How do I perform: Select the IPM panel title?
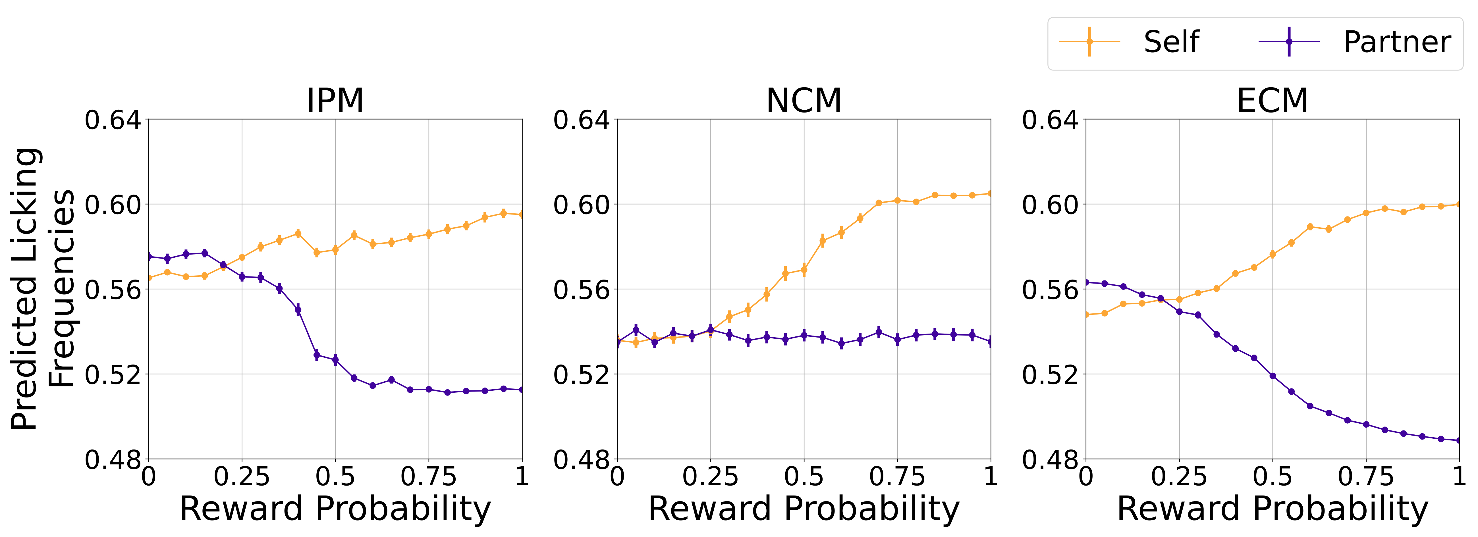coord(335,101)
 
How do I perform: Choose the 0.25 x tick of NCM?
coord(710,476)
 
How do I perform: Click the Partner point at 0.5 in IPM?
coord(335,360)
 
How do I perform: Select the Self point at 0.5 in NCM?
coord(804,270)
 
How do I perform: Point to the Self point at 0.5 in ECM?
coord(1273,254)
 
